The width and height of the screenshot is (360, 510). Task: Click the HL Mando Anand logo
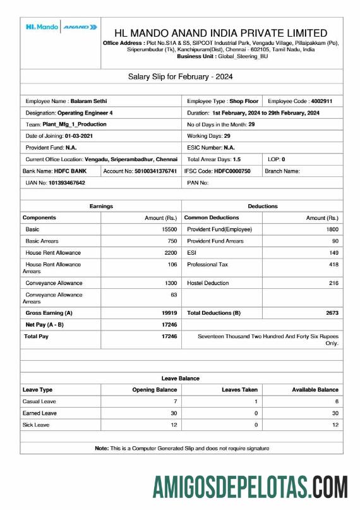pyautogui.click(x=61, y=27)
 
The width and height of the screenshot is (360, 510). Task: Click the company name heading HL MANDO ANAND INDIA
pyautogui.click(x=220, y=33)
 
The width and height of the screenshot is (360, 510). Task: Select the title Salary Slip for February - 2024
pyautogui.click(x=181, y=76)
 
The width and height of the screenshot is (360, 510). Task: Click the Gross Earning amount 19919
pyautogui.click(x=169, y=313)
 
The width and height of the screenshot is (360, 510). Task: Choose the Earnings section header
pyautogui.click(x=101, y=206)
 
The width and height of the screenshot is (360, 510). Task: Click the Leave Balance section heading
pyautogui.click(x=181, y=378)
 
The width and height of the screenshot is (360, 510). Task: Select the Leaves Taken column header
pyautogui.click(x=239, y=390)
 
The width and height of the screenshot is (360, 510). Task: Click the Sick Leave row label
pyautogui.click(x=36, y=425)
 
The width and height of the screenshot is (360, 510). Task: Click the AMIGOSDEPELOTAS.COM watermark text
pyautogui.click(x=249, y=487)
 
